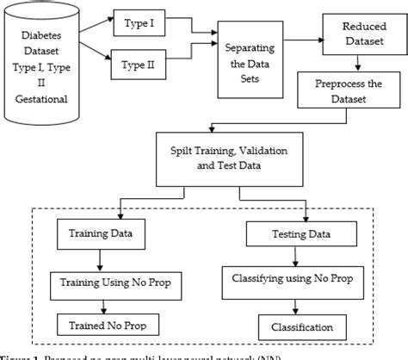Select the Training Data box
[x=107, y=233]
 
